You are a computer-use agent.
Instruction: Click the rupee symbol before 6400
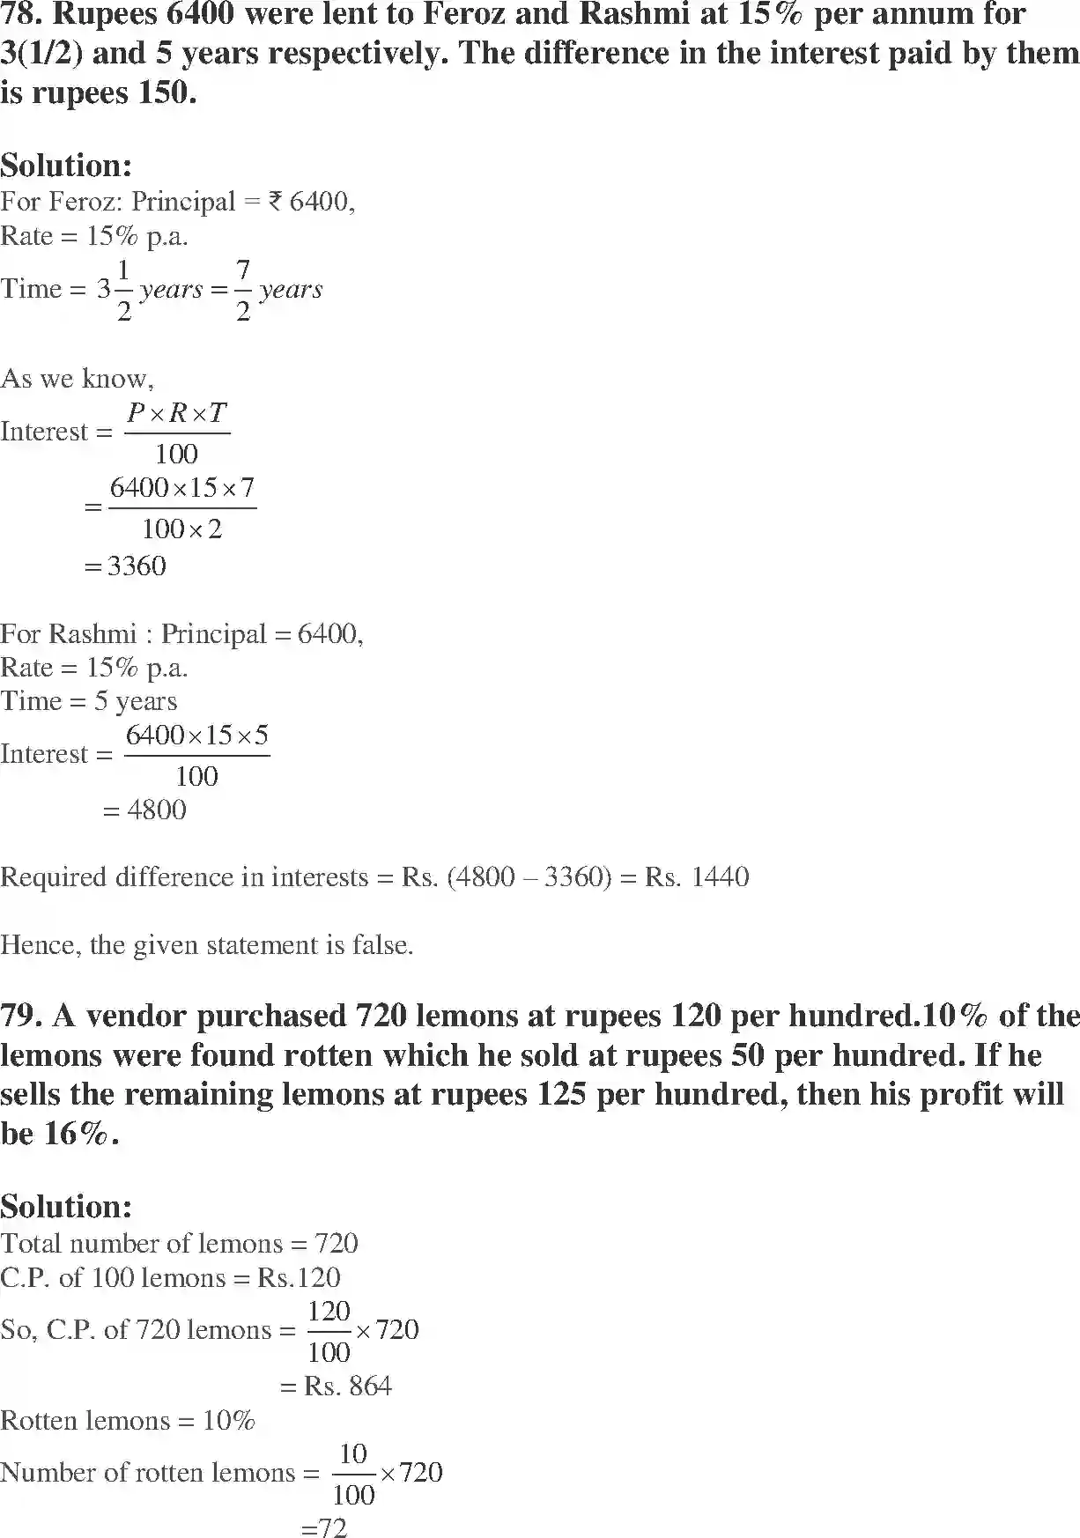tap(275, 202)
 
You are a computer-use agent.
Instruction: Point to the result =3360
tap(125, 566)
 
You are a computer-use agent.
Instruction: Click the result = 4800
tap(145, 810)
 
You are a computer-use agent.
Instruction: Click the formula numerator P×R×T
tap(177, 412)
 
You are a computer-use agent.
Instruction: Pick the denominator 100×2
tap(181, 529)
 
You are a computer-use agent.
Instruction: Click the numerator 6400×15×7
tap(181, 488)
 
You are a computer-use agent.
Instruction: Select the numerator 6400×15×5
tap(196, 736)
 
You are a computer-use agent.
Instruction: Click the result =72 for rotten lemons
tap(324, 1527)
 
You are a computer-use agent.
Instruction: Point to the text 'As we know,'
tap(77, 379)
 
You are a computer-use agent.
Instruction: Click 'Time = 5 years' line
tap(88, 701)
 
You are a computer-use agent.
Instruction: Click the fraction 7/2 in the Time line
tap(243, 290)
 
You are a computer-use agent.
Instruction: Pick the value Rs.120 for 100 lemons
tap(299, 1277)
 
